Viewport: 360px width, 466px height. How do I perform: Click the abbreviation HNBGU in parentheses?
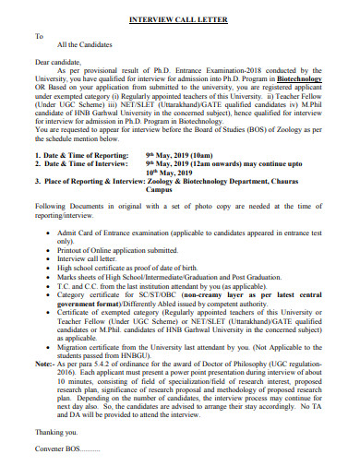(x=125, y=376)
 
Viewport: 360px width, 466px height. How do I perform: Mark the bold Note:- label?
(x=46, y=384)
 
